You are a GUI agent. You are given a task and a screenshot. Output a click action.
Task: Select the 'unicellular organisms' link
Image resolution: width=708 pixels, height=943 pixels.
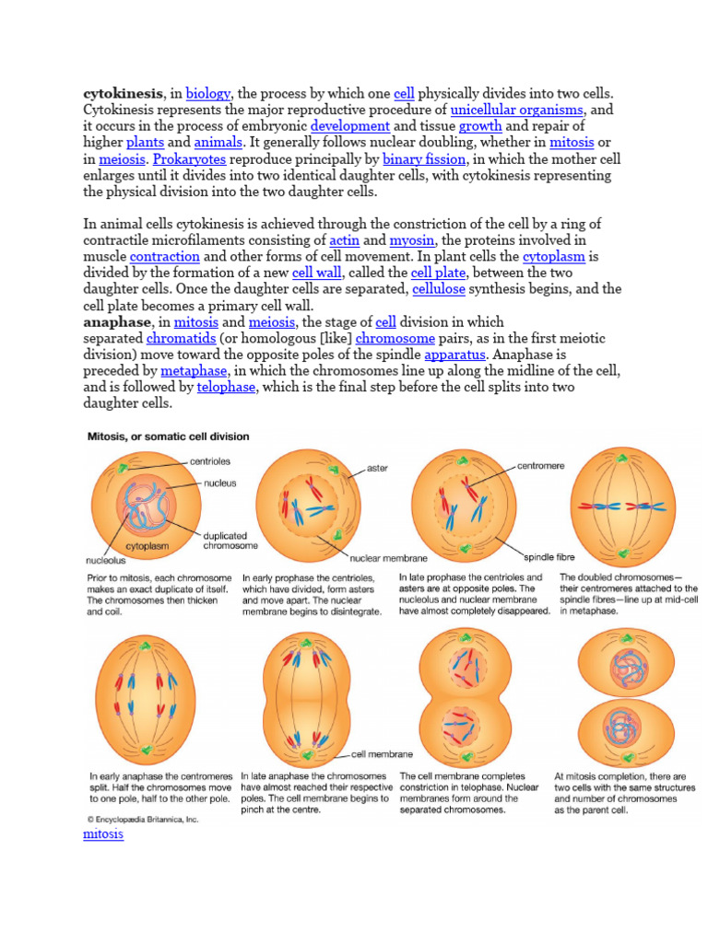point(516,110)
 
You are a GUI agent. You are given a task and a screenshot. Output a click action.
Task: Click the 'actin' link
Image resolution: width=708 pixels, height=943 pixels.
point(344,239)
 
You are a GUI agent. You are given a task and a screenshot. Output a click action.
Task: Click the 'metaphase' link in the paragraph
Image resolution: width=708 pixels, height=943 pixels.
point(194,370)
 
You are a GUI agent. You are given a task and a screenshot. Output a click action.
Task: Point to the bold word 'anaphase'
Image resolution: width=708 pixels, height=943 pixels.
point(117,321)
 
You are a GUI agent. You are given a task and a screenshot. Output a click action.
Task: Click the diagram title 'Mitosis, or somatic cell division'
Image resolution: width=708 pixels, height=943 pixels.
point(167,436)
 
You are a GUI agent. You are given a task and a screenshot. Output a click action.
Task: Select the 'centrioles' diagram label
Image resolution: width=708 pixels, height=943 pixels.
point(210,460)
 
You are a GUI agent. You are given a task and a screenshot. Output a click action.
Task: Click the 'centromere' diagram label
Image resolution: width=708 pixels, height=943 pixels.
point(542,466)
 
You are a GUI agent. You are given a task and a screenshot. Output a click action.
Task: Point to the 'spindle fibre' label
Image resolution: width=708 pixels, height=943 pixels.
point(549,557)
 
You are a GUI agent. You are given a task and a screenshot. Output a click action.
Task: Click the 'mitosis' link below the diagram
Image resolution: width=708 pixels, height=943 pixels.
point(103,834)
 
